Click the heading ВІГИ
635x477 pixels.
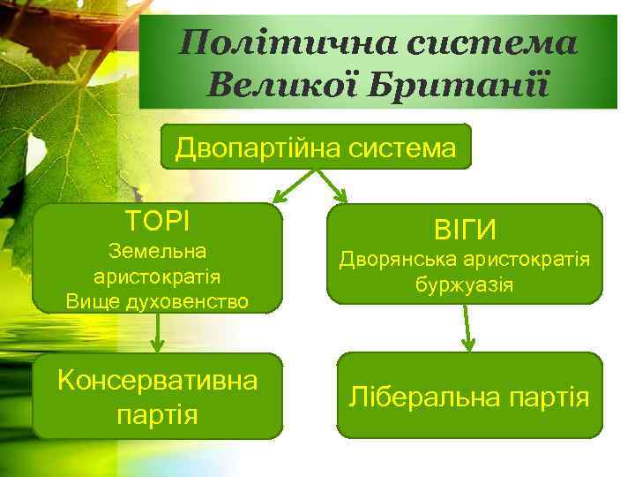click(465, 231)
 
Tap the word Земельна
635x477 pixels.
click(157, 252)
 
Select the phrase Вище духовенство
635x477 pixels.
click(157, 300)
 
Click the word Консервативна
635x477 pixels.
click(157, 382)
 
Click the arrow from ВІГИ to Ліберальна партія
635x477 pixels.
click(468, 328)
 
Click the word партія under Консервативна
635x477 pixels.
click(157, 413)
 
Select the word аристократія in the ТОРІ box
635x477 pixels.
click(157, 276)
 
